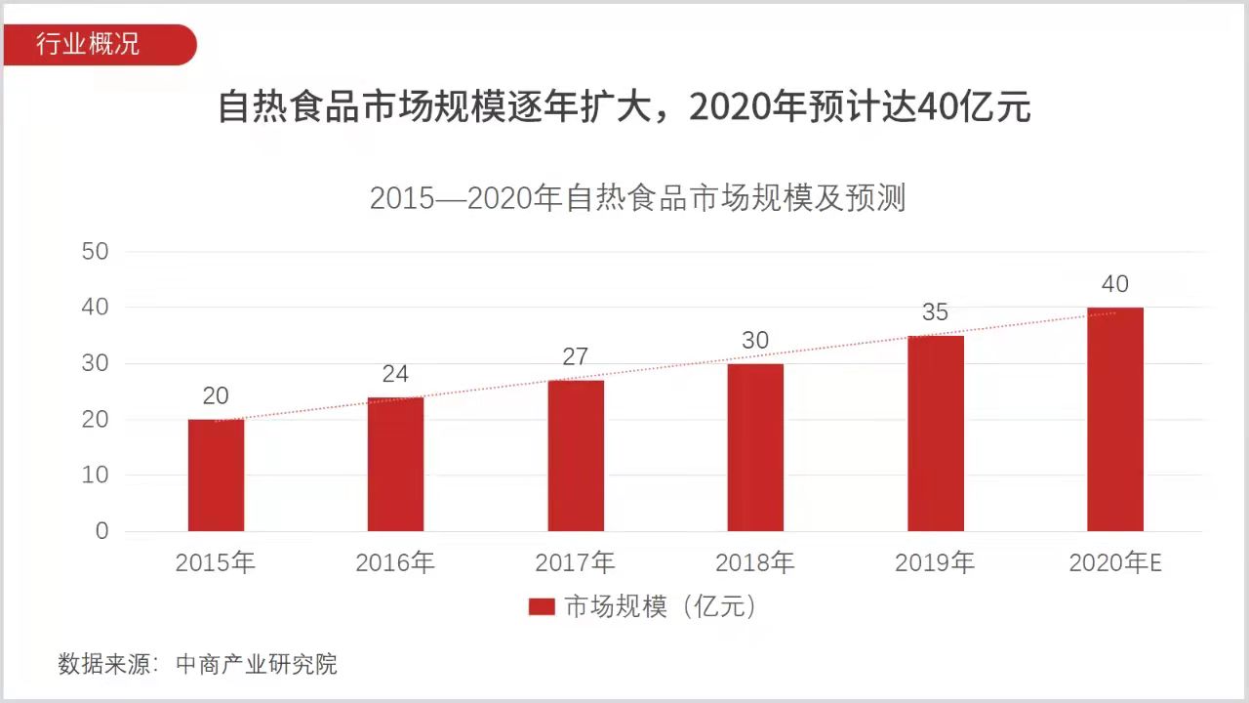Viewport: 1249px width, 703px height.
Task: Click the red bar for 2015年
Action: (216, 476)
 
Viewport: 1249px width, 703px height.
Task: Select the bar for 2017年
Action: (576, 456)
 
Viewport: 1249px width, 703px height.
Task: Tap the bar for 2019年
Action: (936, 434)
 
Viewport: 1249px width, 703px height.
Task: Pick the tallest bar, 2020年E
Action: (1115, 420)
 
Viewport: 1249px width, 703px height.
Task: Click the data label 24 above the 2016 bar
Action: (395, 374)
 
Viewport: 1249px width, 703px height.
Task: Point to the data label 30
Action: (755, 341)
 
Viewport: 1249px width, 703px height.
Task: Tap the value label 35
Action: (935, 312)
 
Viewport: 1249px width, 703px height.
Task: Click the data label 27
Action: (576, 356)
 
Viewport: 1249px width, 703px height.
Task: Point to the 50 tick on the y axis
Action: (96, 252)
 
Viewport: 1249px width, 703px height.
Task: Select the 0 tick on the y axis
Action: (102, 531)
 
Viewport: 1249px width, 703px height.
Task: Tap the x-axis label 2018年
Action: (755, 563)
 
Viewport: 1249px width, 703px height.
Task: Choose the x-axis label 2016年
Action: (395, 563)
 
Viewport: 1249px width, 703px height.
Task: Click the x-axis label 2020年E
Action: (1115, 563)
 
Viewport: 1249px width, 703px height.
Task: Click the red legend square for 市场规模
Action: (542, 607)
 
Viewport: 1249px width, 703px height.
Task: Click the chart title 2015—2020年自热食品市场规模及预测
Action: (638, 198)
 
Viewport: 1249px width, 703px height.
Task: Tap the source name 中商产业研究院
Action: (257, 665)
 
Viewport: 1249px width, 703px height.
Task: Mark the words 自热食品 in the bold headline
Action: (289, 107)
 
